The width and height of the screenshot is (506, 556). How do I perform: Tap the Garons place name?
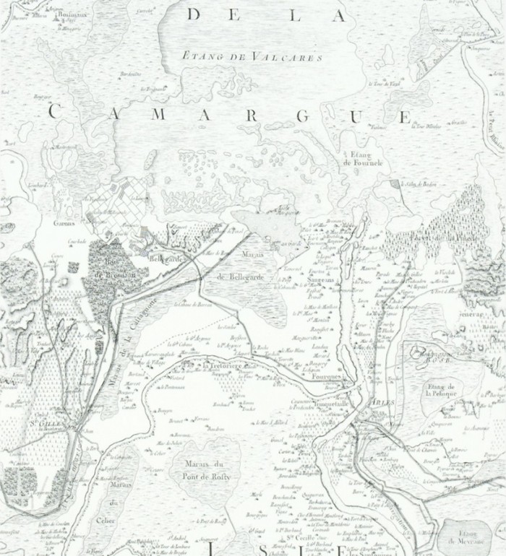point(64,223)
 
